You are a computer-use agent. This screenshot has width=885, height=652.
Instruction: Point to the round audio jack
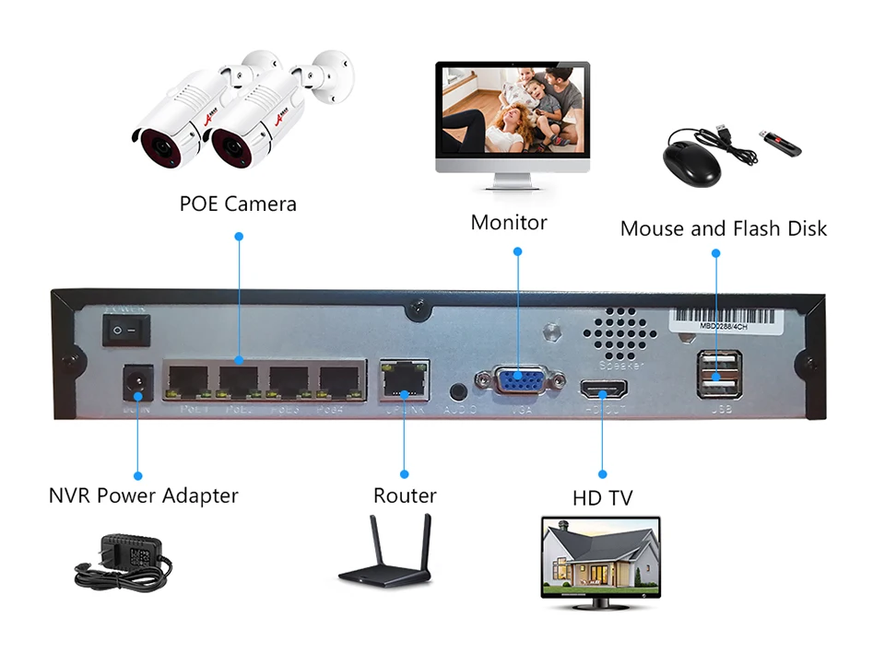pos(458,390)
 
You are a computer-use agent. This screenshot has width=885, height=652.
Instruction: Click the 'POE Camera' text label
pos(238,204)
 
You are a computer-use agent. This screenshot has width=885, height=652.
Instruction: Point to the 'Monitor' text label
pos(509,223)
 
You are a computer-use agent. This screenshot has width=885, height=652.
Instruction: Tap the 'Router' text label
pos(405,495)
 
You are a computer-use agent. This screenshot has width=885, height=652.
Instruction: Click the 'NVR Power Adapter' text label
pos(143,495)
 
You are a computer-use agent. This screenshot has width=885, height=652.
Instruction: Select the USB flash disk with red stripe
pos(780,144)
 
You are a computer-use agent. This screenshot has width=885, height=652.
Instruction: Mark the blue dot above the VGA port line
pos(517,250)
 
